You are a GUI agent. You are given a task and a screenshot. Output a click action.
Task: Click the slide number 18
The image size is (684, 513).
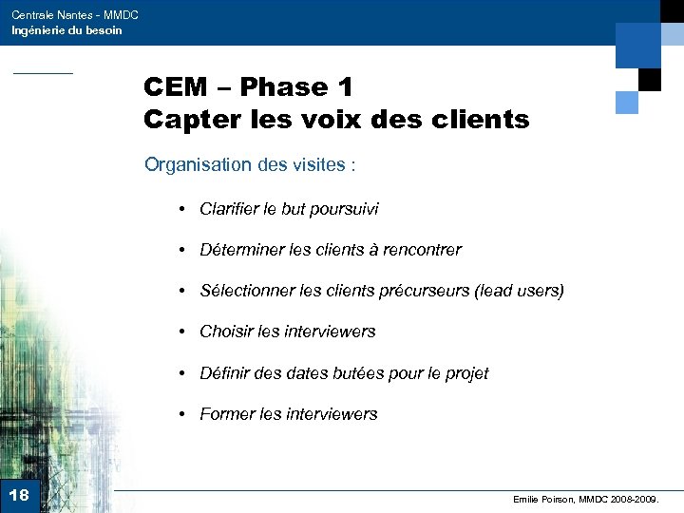point(18,495)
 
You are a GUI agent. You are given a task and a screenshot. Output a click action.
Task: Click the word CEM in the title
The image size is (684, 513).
point(176,87)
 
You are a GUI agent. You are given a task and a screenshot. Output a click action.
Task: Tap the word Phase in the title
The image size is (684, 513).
point(284,87)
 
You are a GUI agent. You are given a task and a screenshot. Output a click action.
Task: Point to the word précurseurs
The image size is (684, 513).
point(427,291)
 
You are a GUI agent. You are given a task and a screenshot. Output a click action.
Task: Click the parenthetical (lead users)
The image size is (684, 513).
point(520,291)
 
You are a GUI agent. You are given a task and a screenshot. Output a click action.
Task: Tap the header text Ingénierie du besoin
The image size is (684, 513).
point(66,30)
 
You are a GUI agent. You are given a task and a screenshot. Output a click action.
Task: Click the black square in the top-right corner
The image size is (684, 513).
point(649,80)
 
